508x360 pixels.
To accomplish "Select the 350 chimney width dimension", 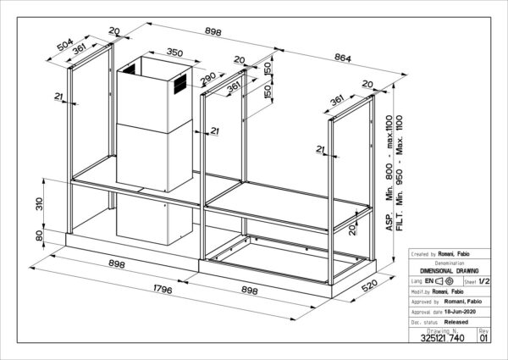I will click(174, 52).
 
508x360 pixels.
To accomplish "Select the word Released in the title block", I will click(456, 323).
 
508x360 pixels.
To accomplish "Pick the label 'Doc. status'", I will click(425, 323).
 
